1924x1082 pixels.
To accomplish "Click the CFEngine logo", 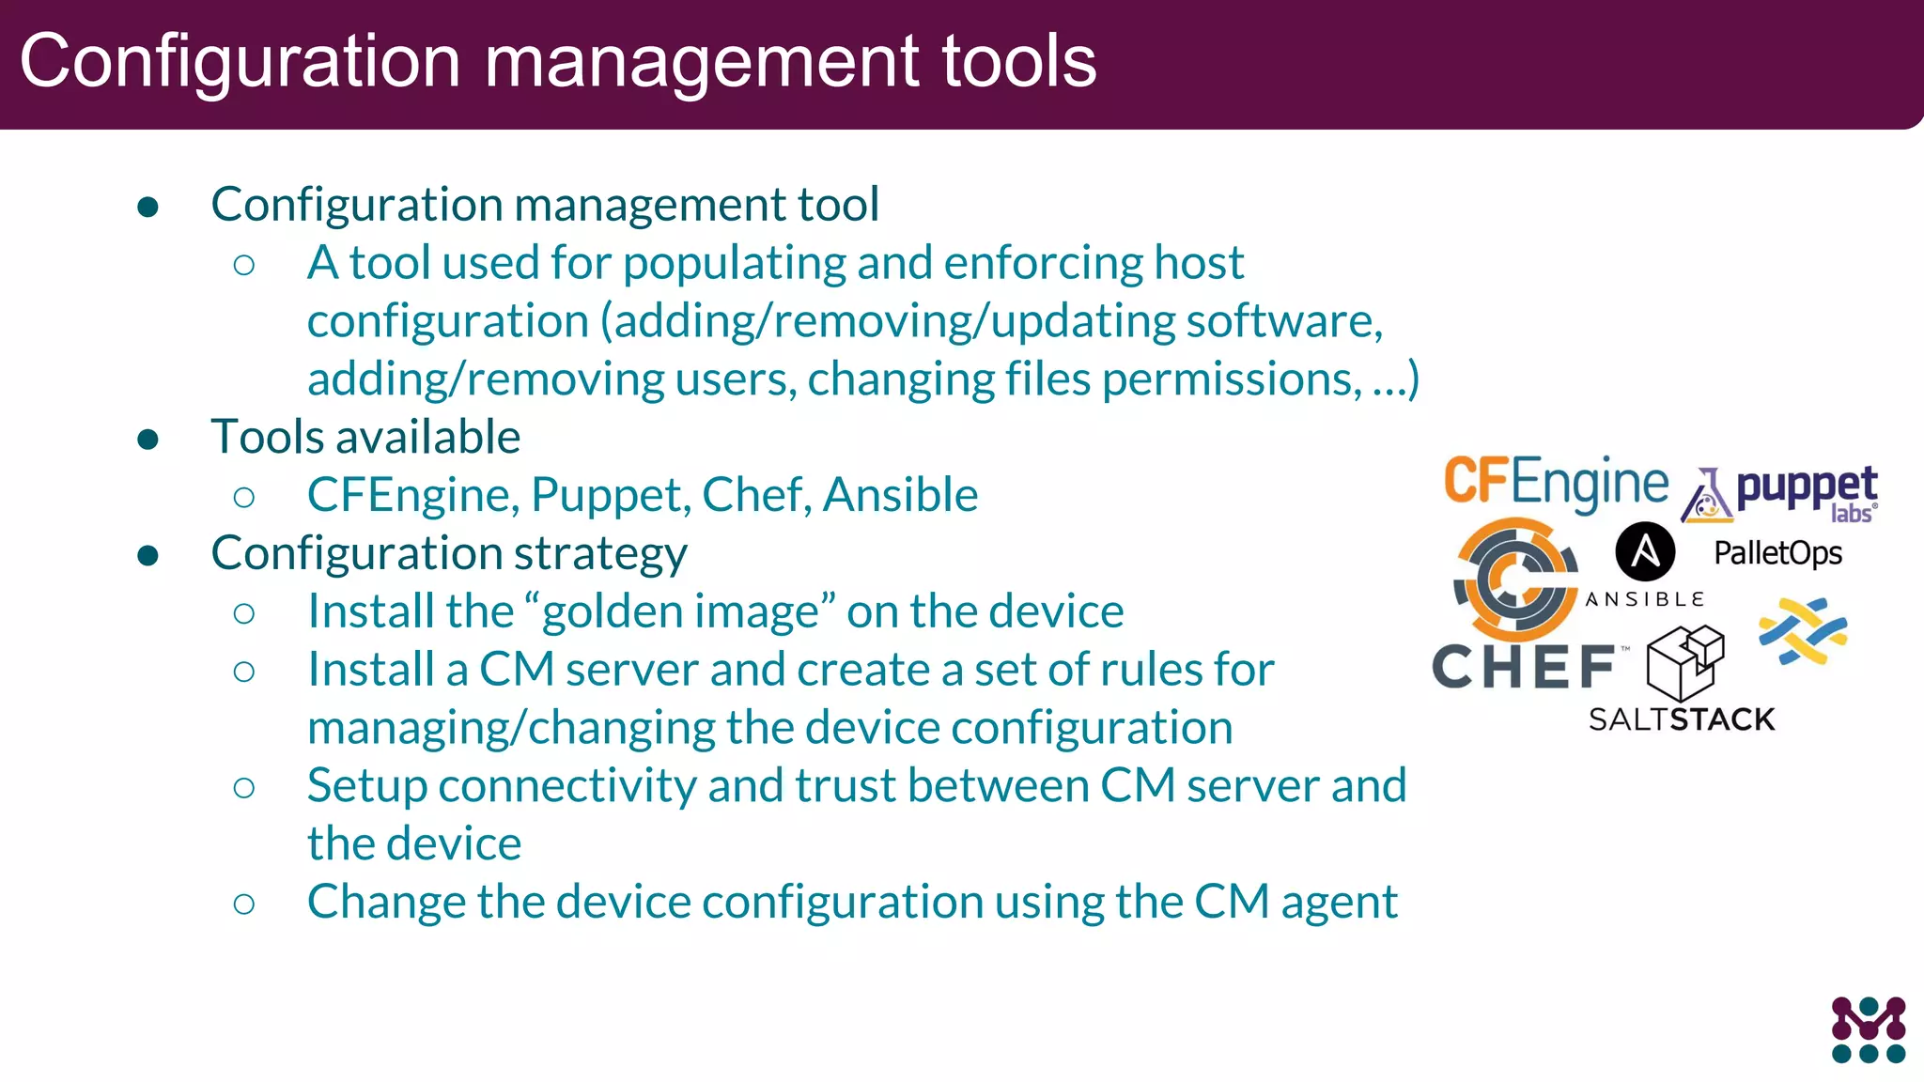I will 1555,483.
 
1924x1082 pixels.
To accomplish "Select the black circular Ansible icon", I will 1644,551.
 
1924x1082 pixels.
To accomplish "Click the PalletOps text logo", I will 1777,553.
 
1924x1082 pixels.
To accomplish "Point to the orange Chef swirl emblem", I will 1514,580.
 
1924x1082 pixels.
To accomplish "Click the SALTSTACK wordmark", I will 1682,719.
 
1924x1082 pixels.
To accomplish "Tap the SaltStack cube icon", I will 1685,662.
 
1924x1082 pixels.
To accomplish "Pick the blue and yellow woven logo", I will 1803,631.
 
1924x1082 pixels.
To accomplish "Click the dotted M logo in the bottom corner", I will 1868,1029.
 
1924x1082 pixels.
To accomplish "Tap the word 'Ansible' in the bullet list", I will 900,495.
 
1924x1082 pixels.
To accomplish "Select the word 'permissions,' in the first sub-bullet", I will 1232,379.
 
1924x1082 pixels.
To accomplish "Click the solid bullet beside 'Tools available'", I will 147,439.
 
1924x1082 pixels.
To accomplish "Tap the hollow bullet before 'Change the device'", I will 244,904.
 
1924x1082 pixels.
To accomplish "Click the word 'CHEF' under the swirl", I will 1523,667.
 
